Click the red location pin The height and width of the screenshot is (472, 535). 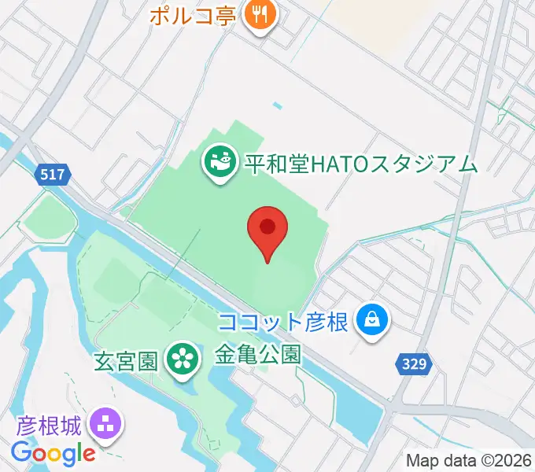pyautogui.click(x=267, y=230)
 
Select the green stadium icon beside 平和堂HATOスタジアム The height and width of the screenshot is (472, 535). pyautogui.click(x=219, y=163)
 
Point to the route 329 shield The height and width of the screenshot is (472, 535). pyautogui.click(x=411, y=363)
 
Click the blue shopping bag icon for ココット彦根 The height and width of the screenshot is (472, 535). pyautogui.click(x=371, y=320)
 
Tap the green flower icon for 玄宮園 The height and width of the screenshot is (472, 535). pyautogui.click(x=181, y=360)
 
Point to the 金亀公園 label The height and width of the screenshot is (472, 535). pyautogui.click(x=258, y=354)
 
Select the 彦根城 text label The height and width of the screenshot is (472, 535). pyautogui.click(x=47, y=428)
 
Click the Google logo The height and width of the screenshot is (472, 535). pyautogui.click(x=53, y=453)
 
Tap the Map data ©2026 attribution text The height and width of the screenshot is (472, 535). pyautogui.click(x=469, y=460)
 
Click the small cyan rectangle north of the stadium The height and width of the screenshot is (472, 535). pyautogui.click(x=277, y=105)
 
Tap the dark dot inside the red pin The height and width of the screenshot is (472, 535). pyautogui.click(x=267, y=226)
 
